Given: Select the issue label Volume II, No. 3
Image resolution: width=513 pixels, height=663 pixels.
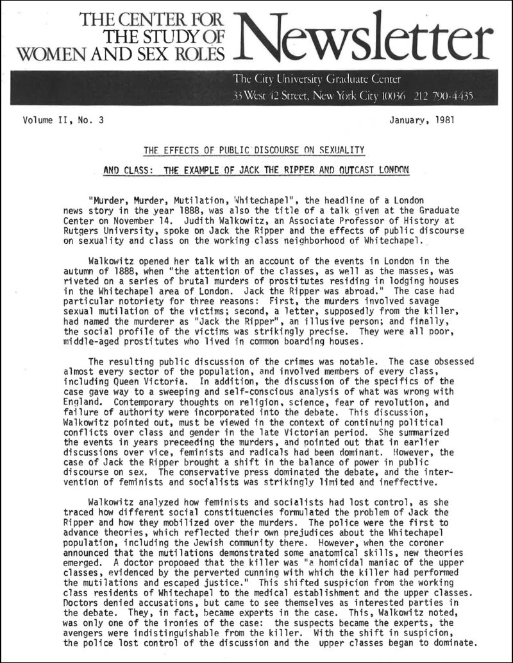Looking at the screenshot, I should click(62, 120).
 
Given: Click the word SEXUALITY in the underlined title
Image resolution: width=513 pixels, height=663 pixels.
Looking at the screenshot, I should click(335, 151).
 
